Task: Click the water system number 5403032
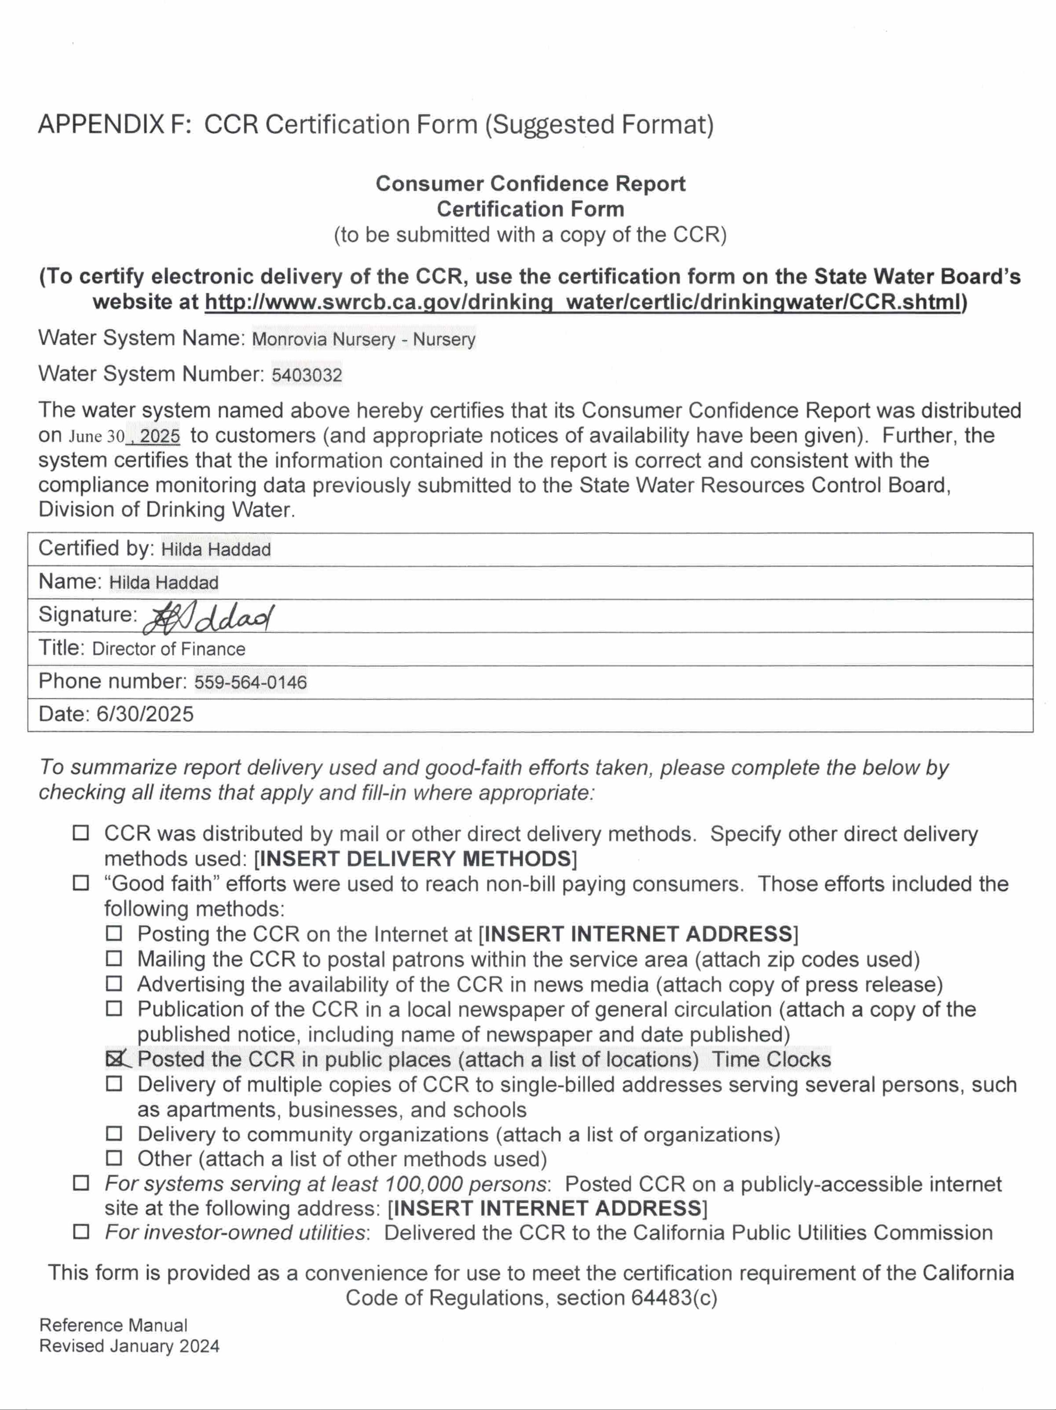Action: [307, 375]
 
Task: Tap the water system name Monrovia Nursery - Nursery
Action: [363, 339]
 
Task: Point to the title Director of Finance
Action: [169, 649]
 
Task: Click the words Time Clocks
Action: [771, 1059]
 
